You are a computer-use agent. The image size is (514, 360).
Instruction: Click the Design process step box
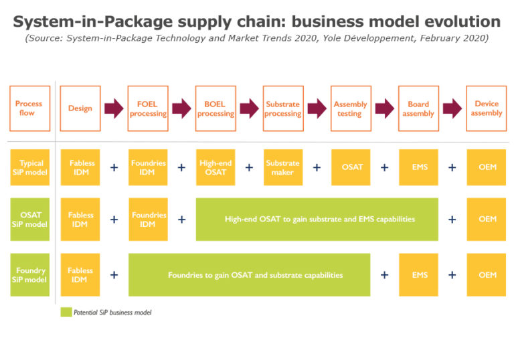(x=80, y=108)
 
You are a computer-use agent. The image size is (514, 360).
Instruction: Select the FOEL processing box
(x=148, y=108)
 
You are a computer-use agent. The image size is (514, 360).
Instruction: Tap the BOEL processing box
(x=216, y=108)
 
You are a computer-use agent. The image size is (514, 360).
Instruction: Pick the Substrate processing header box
(x=283, y=108)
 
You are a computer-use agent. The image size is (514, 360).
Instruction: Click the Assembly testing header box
(x=351, y=108)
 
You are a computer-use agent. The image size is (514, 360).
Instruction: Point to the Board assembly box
(x=418, y=108)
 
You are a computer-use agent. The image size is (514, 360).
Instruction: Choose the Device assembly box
(x=487, y=108)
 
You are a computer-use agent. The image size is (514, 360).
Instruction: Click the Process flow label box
(x=29, y=108)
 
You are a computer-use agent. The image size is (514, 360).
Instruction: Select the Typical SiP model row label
(x=29, y=167)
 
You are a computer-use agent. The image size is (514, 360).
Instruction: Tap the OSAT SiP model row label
(x=29, y=219)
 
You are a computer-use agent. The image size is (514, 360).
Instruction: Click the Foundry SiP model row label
(x=29, y=274)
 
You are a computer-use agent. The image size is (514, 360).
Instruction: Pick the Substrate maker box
(x=283, y=167)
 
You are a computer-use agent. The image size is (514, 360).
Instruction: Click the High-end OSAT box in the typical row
(x=216, y=167)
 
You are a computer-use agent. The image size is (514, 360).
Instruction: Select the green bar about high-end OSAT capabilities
(x=317, y=219)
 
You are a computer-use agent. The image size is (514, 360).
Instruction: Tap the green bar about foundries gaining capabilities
(x=249, y=274)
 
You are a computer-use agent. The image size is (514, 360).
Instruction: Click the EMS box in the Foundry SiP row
(x=418, y=274)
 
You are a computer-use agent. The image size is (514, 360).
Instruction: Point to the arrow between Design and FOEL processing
(x=114, y=108)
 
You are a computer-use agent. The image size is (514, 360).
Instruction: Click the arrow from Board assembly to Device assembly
(x=452, y=108)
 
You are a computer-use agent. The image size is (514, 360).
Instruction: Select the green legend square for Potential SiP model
(x=66, y=312)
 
